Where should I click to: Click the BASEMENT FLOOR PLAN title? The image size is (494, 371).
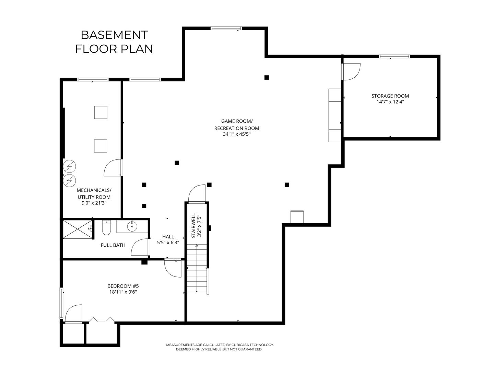point(114,42)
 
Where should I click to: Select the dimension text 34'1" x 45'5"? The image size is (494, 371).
point(236,134)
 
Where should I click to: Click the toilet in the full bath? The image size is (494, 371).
point(106,228)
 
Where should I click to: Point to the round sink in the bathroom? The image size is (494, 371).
point(132,226)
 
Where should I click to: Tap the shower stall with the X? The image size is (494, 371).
point(78,229)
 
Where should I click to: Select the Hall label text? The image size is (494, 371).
point(168,237)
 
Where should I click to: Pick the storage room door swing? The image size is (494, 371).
point(351,72)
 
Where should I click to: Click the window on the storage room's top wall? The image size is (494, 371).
point(394,56)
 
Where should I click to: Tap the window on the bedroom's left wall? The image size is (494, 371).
point(61,303)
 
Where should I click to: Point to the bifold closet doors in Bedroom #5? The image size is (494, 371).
point(102,319)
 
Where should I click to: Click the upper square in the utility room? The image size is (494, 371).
point(101,112)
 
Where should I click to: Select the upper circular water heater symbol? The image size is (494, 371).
point(69,166)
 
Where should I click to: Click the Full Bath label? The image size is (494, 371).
point(113,245)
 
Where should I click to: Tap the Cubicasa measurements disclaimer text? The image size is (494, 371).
point(220,347)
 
